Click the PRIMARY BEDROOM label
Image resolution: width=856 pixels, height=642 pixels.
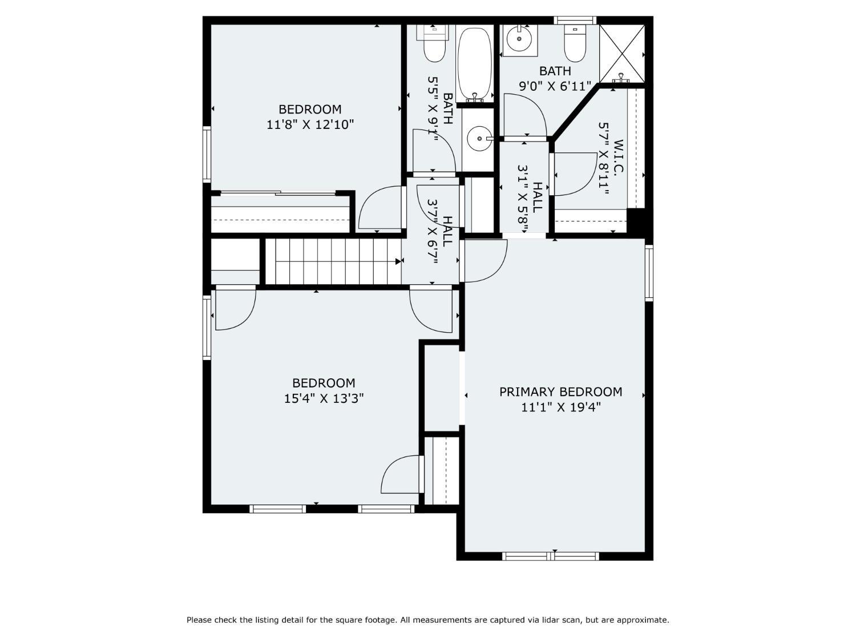tap(560, 391)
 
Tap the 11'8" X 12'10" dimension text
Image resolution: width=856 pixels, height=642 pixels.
tap(310, 125)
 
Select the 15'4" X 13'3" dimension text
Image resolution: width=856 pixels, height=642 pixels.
tap(324, 398)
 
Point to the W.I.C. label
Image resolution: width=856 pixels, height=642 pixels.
tap(618, 156)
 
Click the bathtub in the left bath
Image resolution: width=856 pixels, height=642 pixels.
tap(475, 64)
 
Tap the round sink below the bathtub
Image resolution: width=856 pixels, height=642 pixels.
tap(480, 138)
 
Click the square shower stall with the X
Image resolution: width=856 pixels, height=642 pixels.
tap(621, 54)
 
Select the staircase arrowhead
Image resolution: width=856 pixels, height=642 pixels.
tap(398, 261)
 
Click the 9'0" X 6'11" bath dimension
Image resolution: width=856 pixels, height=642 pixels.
tap(555, 86)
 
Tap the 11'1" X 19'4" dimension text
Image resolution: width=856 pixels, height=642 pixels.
tap(561, 407)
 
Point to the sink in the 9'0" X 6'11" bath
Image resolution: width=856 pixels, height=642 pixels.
tap(519, 39)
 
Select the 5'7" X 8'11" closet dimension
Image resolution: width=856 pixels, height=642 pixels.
tap(604, 159)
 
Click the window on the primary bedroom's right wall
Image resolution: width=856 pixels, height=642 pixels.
tap(649, 273)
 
